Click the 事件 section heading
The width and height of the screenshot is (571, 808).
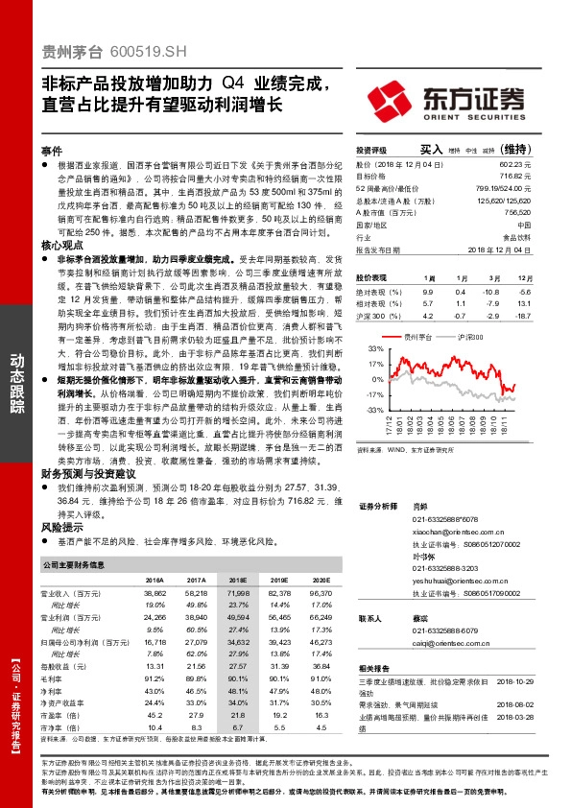point(52,152)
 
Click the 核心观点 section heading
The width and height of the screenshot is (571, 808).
point(59,247)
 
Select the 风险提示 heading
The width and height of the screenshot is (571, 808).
point(59,527)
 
